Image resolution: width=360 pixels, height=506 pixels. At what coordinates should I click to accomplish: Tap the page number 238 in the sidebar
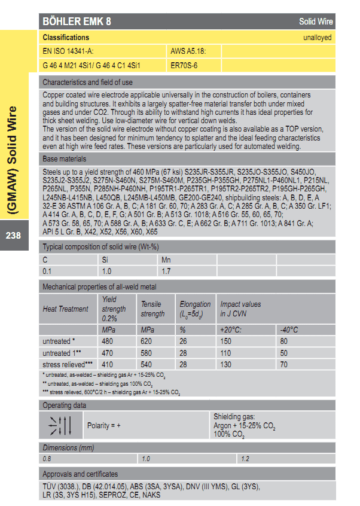[x=13, y=235]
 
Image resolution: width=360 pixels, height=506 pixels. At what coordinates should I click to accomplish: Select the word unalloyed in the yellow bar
[x=318, y=38]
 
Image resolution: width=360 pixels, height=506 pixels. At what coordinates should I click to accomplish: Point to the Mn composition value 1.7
[x=167, y=271]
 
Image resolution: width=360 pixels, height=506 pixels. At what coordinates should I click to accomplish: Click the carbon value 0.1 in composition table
[x=47, y=271]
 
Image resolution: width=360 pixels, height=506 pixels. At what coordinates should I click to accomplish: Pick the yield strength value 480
[x=108, y=342]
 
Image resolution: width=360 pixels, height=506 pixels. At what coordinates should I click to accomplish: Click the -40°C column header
[x=289, y=330]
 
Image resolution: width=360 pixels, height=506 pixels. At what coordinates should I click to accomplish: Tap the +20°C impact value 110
[x=226, y=353]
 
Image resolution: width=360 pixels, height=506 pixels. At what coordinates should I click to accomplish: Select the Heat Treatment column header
[x=66, y=309]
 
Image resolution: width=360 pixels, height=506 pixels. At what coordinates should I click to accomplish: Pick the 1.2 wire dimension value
[x=245, y=459]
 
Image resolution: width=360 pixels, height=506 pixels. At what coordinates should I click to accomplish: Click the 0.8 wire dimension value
[x=47, y=459]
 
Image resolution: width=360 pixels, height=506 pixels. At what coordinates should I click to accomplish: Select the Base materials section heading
[x=65, y=159]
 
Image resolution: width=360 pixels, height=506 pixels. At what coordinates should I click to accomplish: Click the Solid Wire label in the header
[x=316, y=22]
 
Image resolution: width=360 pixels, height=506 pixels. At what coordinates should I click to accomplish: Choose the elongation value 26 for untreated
[x=184, y=342]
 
